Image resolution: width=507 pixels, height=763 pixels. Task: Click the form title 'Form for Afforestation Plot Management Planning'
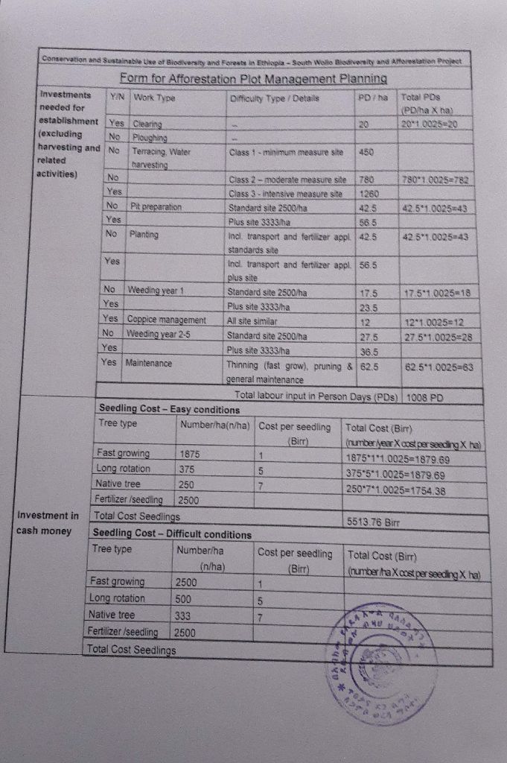pos(253,78)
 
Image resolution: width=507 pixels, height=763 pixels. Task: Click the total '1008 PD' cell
pos(425,397)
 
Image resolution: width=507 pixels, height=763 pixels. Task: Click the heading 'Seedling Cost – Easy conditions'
pos(170,409)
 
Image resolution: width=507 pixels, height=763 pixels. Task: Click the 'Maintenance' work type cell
pos(149,363)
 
